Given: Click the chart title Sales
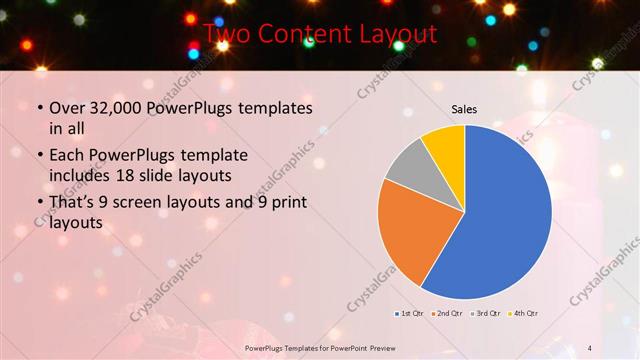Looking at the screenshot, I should (464, 108).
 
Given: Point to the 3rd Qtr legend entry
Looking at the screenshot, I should (486, 313).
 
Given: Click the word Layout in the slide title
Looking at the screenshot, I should (396, 35).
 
